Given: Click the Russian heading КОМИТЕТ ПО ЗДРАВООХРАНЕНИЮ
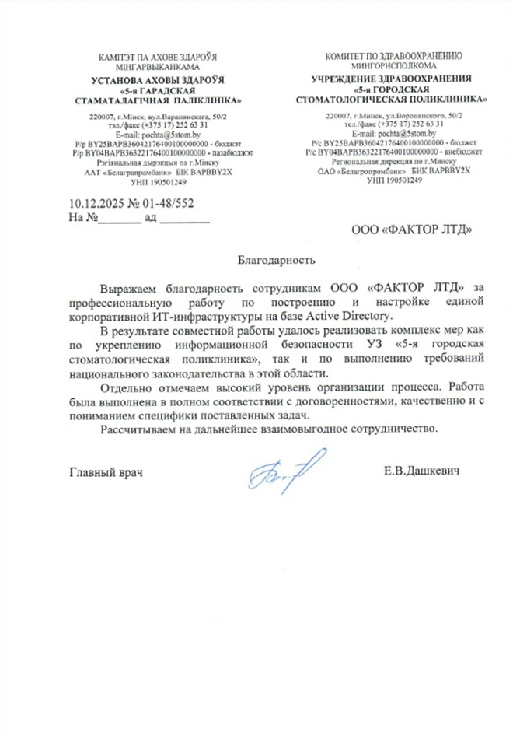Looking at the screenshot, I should coord(396,56).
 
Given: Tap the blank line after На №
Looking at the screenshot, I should coord(120,219).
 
